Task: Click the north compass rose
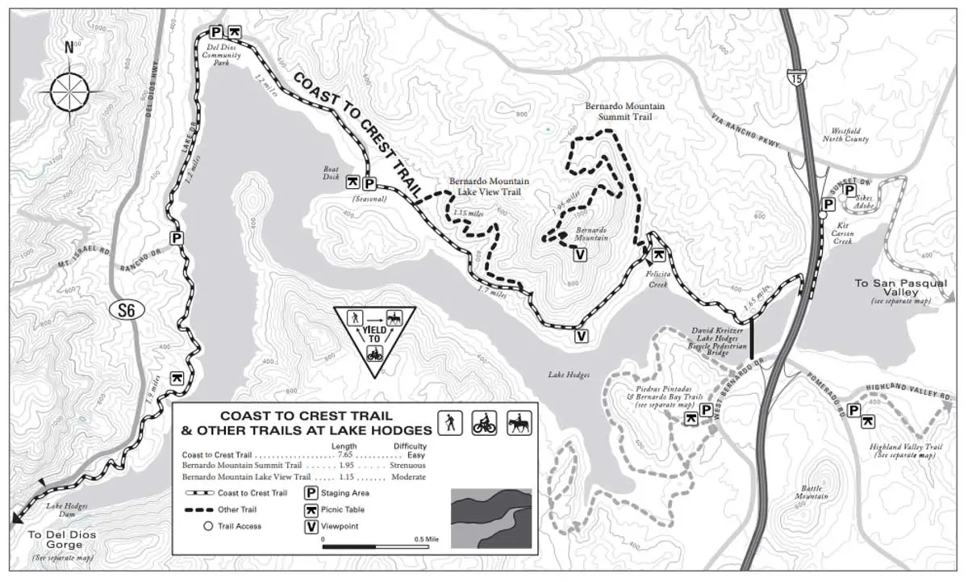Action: click(x=70, y=90)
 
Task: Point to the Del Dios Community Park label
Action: click(x=222, y=55)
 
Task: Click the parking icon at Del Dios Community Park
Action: click(x=216, y=32)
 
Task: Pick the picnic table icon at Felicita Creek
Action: click(x=659, y=254)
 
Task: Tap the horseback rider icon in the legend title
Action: click(x=517, y=422)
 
